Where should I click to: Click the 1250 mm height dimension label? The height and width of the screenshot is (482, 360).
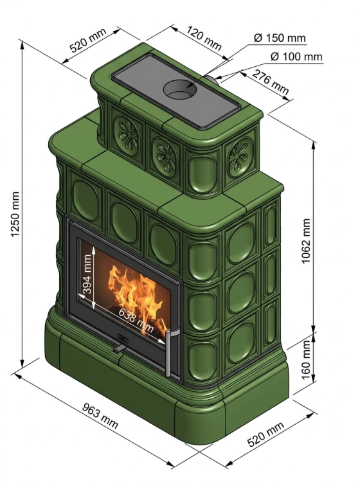15,214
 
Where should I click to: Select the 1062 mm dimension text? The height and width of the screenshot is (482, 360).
305,241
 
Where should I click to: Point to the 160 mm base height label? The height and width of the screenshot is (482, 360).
306,360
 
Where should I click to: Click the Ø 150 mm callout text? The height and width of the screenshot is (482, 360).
280,38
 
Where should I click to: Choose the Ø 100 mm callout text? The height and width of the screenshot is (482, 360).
296,57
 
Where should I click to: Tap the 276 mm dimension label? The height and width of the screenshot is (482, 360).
271,82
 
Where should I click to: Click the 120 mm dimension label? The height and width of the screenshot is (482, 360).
204,39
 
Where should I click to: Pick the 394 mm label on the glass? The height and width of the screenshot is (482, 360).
87,274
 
